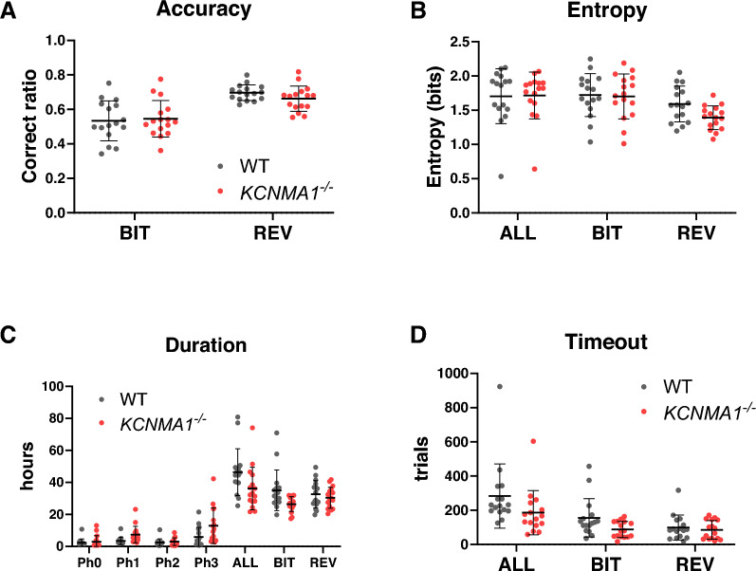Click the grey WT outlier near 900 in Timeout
(x=497, y=386)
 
